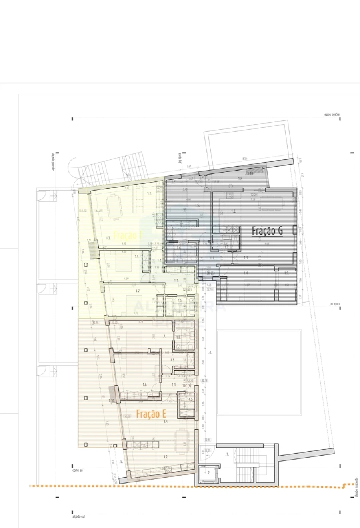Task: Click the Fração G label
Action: (268, 231)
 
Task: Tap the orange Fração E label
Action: (151, 414)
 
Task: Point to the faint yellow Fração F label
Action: (128, 235)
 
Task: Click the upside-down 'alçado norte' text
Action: (332, 115)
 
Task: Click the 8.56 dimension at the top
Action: (245, 159)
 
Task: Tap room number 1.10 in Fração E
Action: (112, 400)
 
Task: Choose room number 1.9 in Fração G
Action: (286, 273)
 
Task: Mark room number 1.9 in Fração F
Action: (89, 240)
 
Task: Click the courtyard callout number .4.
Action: (210, 353)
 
